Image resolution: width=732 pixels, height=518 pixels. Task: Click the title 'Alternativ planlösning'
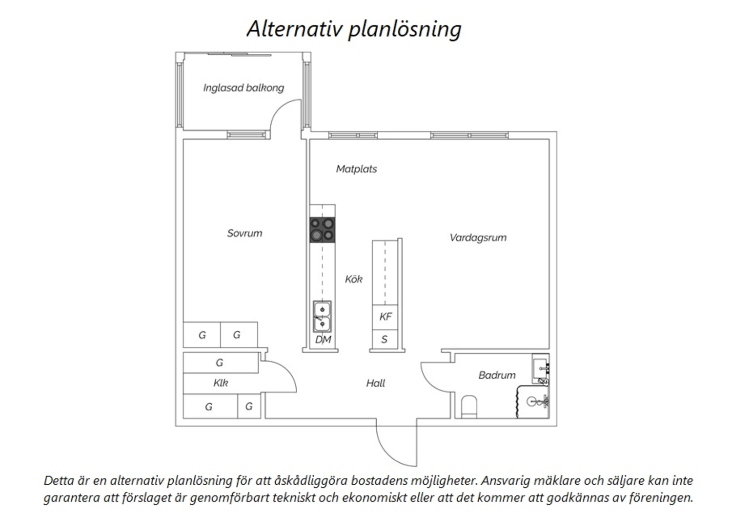tap(354, 29)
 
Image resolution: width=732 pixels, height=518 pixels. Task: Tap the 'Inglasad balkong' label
tap(244, 88)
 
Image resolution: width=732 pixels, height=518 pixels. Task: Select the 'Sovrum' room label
tap(244, 233)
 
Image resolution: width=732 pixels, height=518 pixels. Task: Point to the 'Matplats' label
tap(356, 169)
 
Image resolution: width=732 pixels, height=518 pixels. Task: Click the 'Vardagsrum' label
tap(478, 237)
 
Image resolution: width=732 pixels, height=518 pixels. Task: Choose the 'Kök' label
tap(353, 279)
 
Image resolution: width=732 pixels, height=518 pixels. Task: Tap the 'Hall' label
tap(375, 383)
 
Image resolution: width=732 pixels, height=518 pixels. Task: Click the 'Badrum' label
tap(497, 375)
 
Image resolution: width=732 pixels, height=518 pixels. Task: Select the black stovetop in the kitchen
tap(323, 230)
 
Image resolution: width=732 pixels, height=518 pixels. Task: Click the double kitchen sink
tap(322, 316)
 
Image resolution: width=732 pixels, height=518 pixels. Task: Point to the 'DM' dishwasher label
tap(323, 340)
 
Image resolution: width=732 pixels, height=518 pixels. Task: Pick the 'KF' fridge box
tap(386, 317)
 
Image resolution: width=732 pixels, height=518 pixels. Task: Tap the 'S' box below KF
tap(385, 340)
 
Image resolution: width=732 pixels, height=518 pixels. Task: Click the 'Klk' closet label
tap(221, 383)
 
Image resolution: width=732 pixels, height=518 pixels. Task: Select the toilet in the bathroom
tap(469, 407)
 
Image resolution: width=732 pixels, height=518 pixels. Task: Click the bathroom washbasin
tap(541, 366)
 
